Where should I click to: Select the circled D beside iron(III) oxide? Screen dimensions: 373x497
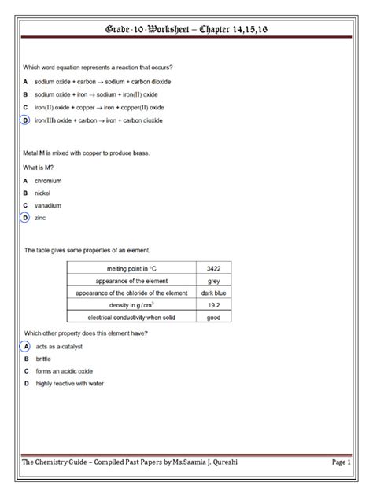click(x=25, y=120)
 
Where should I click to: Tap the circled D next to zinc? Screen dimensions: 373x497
click(x=25, y=218)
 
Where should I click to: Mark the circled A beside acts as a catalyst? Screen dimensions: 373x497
click(x=25, y=346)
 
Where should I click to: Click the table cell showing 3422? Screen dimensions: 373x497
click(x=213, y=268)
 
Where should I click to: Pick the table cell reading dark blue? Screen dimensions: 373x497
click(x=213, y=293)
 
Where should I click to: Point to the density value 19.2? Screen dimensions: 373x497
click(x=213, y=305)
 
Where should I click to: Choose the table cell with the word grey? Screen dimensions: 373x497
click(x=213, y=281)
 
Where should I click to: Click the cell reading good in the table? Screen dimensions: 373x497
click(x=213, y=318)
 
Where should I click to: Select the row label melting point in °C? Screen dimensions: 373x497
click(x=130, y=268)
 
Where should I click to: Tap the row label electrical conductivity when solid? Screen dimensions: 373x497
click(x=130, y=318)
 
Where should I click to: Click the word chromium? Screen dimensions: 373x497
click(x=48, y=180)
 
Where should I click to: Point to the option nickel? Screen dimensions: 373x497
click(x=43, y=193)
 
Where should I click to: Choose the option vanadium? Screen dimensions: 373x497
click(x=48, y=205)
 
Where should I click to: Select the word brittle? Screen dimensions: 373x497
click(x=43, y=359)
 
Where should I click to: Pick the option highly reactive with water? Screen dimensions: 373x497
click(x=69, y=384)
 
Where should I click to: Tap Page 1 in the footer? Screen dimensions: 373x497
click(x=340, y=462)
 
